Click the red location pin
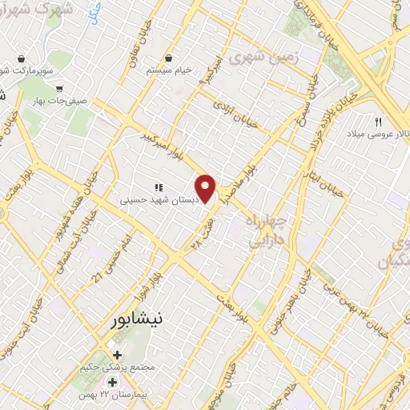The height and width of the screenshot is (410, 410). (207, 188)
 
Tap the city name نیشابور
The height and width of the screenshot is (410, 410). (134, 319)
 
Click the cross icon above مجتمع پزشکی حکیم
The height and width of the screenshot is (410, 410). (117, 355)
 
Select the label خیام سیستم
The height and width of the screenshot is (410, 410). (169, 70)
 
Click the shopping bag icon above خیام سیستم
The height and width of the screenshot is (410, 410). (170, 58)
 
